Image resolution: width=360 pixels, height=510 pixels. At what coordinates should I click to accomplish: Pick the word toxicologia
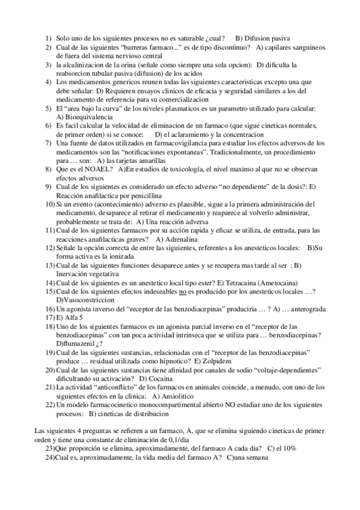click(x=180, y=170)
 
